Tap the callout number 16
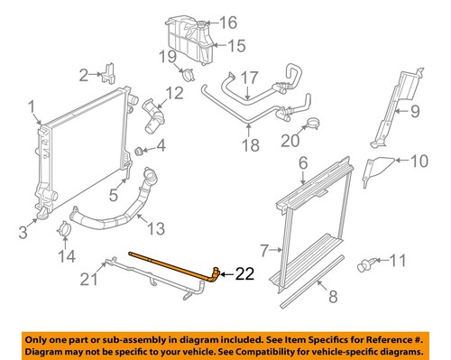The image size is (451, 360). pos(227,22)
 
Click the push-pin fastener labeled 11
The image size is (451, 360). pos(369,264)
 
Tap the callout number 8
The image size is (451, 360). pos(333,291)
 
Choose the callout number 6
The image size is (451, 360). pos(303,162)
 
